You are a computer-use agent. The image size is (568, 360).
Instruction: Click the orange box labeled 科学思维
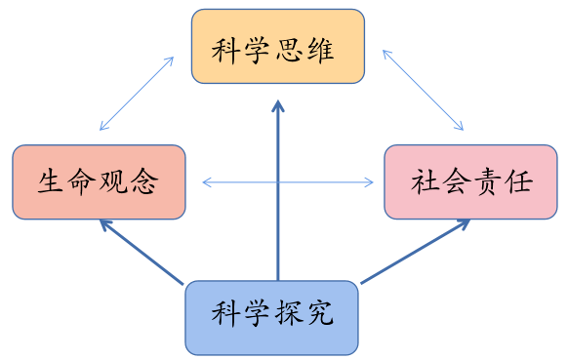coord(278,47)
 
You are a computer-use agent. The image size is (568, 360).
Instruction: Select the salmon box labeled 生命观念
coord(99,181)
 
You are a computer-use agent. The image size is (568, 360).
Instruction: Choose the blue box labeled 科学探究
coord(272,316)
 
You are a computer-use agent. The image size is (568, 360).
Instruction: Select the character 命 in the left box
coord(82,182)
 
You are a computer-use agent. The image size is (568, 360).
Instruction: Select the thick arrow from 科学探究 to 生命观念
coord(142,253)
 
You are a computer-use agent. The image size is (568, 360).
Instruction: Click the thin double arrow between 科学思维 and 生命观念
coord(137,94)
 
